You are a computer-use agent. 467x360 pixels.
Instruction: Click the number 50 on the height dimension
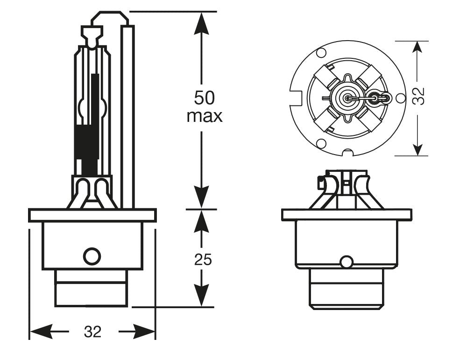(204, 98)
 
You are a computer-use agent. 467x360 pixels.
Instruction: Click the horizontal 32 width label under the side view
(92, 332)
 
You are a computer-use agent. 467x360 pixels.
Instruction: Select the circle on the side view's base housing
(92, 255)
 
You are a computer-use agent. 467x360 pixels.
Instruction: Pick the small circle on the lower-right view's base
(346, 262)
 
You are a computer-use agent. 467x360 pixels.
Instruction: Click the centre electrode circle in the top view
(347, 98)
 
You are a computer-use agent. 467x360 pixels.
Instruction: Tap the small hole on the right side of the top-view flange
(400, 98)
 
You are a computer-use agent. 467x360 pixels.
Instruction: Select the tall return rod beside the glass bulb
(127, 117)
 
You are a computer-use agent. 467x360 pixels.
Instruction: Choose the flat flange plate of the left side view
(92, 215)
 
